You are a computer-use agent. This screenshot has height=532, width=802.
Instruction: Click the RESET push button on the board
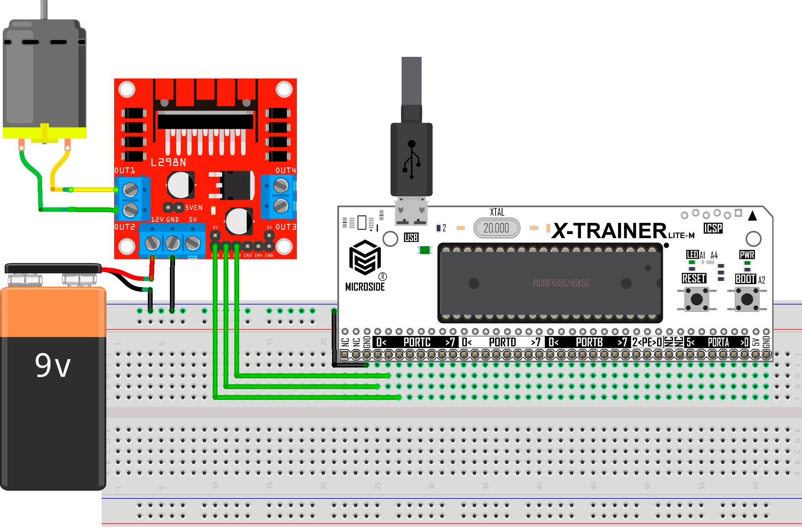pos(697,299)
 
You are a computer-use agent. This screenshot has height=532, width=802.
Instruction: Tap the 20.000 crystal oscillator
pos(496,228)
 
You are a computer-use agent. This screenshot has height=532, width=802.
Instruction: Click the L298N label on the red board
pos(168,162)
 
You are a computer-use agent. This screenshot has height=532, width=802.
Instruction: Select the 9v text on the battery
pos(52,365)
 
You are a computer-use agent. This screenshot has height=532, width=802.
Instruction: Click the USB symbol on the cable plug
pos(411,160)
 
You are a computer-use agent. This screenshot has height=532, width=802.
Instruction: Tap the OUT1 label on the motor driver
pos(125,171)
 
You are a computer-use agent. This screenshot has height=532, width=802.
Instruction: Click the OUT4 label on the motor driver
pos(285,171)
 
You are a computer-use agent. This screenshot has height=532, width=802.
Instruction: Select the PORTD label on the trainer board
pos(502,342)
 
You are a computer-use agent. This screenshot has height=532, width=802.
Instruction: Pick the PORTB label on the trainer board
pos(589,342)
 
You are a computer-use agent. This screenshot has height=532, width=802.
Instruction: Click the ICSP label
pos(713,228)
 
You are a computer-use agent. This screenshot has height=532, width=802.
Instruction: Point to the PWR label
pos(747,255)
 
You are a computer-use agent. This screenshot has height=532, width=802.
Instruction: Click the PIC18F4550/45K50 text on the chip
pos(560,283)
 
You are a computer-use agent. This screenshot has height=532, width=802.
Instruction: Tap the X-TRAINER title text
pos(609,231)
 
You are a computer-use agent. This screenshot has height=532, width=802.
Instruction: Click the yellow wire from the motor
pos(92,189)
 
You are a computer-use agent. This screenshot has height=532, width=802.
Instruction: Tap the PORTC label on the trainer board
pos(417,342)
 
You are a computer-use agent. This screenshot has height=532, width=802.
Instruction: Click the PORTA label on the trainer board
pos(718,342)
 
